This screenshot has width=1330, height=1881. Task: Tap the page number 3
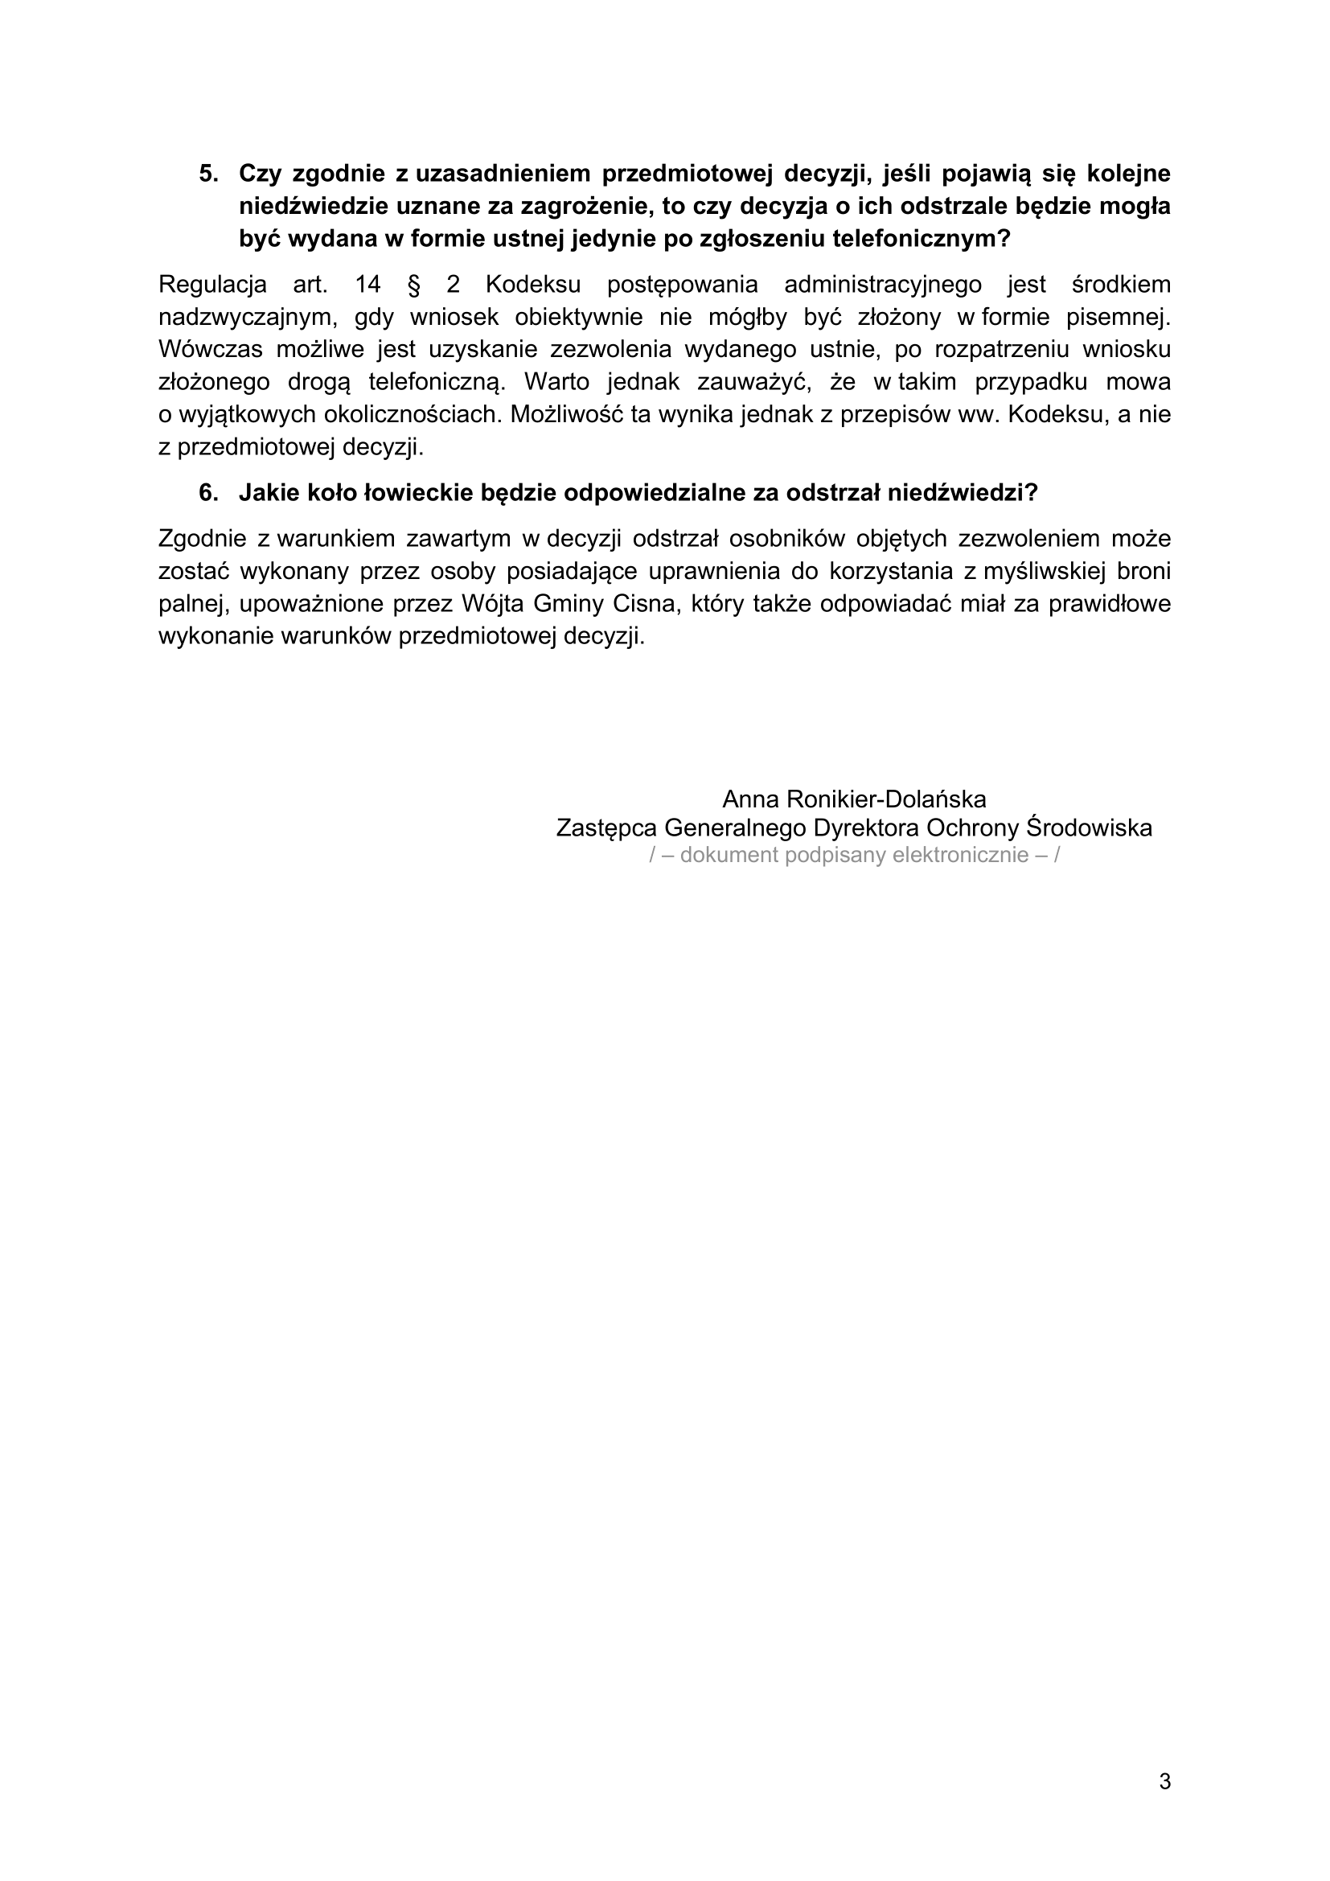[x=1164, y=1781]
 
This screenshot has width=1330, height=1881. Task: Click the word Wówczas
[x=211, y=349]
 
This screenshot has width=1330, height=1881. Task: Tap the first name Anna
[x=750, y=799]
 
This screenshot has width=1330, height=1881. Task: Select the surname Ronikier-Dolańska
[x=886, y=799]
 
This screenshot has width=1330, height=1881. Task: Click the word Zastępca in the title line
[x=607, y=828]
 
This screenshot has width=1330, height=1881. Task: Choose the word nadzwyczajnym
[x=248, y=317]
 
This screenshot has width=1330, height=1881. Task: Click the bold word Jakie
[x=267, y=492]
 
